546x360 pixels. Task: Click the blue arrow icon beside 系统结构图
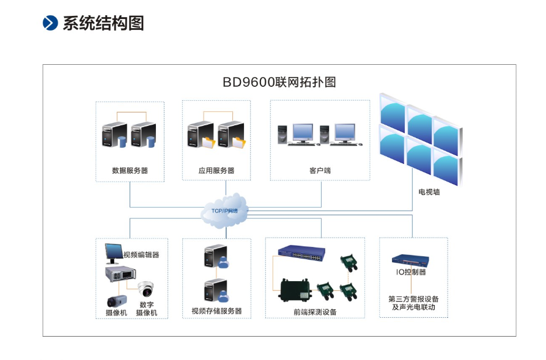click(x=50, y=23)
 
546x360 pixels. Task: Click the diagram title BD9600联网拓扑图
click(x=279, y=82)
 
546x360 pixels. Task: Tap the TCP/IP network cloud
click(x=225, y=211)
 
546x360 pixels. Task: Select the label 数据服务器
click(x=130, y=171)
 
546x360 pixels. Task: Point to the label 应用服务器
click(x=216, y=171)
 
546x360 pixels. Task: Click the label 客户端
click(x=320, y=171)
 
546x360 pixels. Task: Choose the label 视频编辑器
click(x=141, y=254)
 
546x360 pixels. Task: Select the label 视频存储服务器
click(x=216, y=310)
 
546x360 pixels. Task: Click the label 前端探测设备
click(x=315, y=312)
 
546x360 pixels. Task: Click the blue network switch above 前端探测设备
click(x=302, y=251)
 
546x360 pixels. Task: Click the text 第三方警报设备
click(x=413, y=299)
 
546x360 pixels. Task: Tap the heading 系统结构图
click(x=103, y=23)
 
